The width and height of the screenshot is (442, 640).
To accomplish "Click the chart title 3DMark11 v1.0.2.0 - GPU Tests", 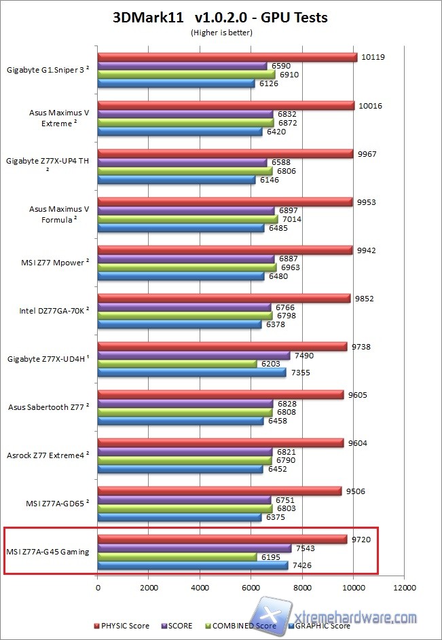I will point(220,18).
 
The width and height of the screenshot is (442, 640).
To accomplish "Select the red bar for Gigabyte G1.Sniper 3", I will point(227,57).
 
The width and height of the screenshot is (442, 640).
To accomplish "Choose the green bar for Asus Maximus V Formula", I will point(187,219).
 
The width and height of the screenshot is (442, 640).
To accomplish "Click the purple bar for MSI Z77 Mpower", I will point(186,259).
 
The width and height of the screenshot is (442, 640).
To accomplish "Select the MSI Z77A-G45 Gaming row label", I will point(48,552).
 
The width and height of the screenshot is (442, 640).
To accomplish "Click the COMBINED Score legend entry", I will point(244,626).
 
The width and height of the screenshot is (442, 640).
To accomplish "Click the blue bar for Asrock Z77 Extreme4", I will point(180,469).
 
